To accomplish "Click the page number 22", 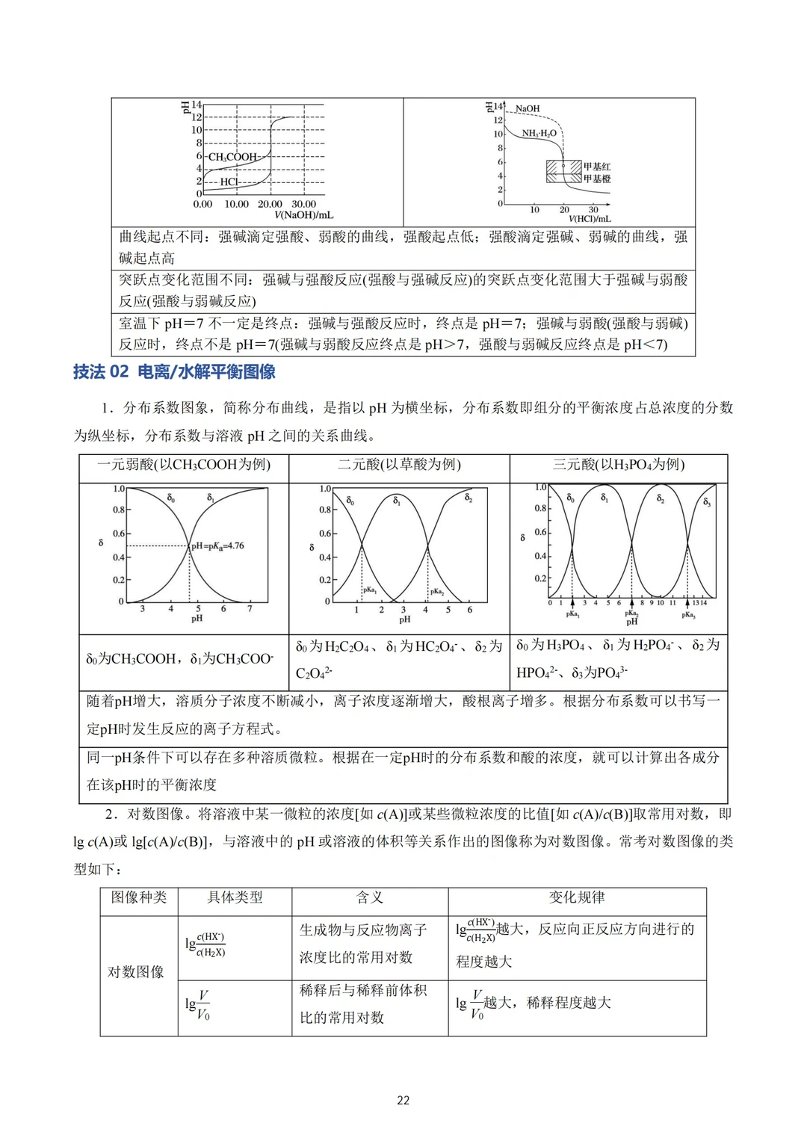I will click(403, 1100).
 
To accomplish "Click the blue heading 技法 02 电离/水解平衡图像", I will click(174, 371).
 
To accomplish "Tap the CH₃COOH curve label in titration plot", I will click(232, 157).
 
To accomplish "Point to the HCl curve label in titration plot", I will click(229, 182).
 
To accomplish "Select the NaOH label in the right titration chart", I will click(528, 109).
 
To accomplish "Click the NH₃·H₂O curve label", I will click(539, 134).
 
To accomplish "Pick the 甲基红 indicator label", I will click(597, 167).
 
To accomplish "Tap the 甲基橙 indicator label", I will click(597, 179).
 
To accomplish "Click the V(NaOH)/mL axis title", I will click(303, 215).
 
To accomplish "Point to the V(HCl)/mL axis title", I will click(590, 219).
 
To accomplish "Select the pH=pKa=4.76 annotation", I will click(217, 546).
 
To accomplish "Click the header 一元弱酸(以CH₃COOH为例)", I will click(184, 465).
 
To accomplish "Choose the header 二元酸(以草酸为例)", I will click(399, 465).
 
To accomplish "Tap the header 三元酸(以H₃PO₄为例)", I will click(619, 465).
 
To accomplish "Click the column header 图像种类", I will click(139, 897).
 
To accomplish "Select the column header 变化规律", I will click(577, 897).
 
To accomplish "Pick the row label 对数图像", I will click(136, 972).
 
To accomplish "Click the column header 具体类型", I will click(235, 897).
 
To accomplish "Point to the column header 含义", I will click(369, 897).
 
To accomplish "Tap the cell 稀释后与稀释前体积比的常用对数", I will click(363, 1004).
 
